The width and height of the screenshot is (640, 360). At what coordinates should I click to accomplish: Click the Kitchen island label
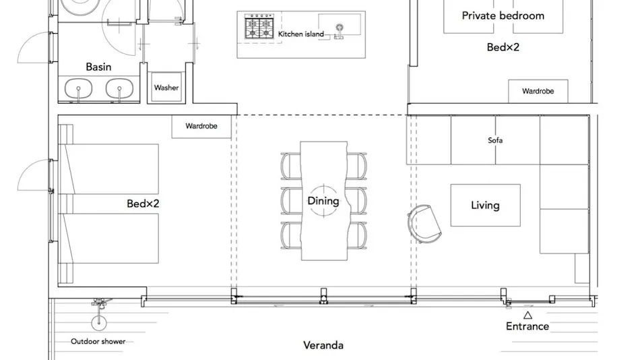tap(301, 34)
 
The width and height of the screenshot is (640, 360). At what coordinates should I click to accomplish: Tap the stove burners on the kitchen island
tap(259, 27)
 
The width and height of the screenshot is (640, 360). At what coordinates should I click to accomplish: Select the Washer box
tap(166, 87)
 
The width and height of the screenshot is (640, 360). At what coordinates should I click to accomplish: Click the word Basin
tap(98, 67)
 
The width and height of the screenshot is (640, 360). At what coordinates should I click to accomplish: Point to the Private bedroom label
tap(503, 16)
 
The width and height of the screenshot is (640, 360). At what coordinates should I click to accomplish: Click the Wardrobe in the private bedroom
tap(538, 91)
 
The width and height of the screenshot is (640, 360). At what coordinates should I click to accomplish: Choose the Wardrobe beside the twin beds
tap(201, 126)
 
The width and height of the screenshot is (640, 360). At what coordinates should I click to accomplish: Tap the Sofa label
tap(495, 140)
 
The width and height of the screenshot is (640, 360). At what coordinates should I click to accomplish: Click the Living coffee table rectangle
tap(485, 205)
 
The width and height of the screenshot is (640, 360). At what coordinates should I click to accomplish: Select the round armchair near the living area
tap(424, 224)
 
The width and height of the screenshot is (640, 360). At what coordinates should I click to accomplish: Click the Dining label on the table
tap(323, 201)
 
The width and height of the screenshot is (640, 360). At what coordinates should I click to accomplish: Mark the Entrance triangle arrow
tap(527, 315)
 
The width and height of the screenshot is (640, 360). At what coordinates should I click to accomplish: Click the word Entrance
tap(527, 326)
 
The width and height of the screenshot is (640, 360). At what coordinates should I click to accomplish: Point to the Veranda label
tap(323, 345)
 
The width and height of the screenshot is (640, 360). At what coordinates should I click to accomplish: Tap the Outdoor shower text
tap(98, 341)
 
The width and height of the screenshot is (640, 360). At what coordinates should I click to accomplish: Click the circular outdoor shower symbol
tap(99, 323)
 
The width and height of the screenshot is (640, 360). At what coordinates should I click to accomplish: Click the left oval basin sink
tap(78, 88)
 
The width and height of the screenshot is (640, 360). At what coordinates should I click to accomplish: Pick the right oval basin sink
tap(119, 88)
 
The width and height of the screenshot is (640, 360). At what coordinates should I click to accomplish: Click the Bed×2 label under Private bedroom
tap(503, 47)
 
